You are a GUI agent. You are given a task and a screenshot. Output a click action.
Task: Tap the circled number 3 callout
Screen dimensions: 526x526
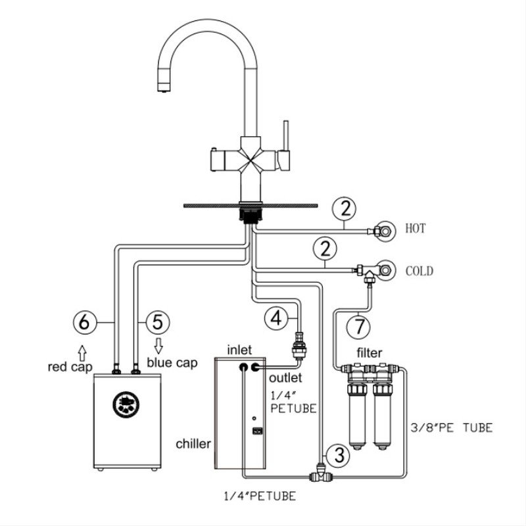pyautogui.click(x=338, y=454)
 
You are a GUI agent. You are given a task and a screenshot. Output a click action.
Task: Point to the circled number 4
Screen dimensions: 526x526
pyautogui.click(x=276, y=318)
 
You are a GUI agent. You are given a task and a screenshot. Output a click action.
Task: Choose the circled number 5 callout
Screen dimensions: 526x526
pyautogui.click(x=157, y=322)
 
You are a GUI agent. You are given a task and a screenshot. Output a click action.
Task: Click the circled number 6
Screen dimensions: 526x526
pyautogui.click(x=85, y=322)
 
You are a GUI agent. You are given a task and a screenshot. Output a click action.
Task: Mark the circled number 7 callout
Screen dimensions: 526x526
pyautogui.click(x=359, y=325)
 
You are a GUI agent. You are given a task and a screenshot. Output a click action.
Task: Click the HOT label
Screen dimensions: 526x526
pyautogui.click(x=416, y=229)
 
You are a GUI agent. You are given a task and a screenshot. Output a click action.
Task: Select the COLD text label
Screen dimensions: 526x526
pyautogui.click(x=419, y=270)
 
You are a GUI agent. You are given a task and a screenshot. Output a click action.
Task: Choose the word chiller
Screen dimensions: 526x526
pyautogui.click(x=193, y=444)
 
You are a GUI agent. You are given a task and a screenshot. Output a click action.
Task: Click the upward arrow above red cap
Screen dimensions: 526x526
pyautogui.click(x=81, y=348)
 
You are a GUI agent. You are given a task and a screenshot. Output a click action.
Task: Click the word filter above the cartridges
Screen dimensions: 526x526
pyautogui.click(x=370, y=353)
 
